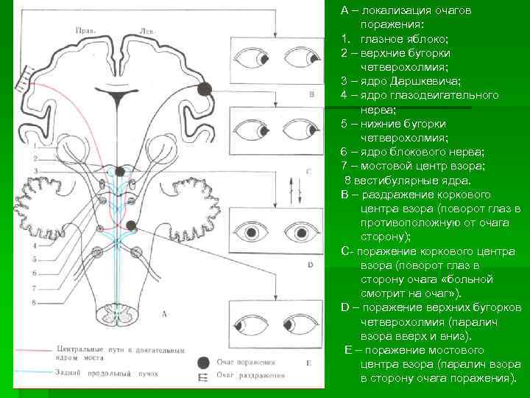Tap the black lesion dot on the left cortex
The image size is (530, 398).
pos(205,89)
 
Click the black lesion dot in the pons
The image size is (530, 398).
pos(132,226)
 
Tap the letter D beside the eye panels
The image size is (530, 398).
pos(310,264)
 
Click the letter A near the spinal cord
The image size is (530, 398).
pos(163,313)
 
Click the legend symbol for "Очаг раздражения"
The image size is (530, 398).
pos(202,377)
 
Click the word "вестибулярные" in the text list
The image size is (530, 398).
pos(398,180)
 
